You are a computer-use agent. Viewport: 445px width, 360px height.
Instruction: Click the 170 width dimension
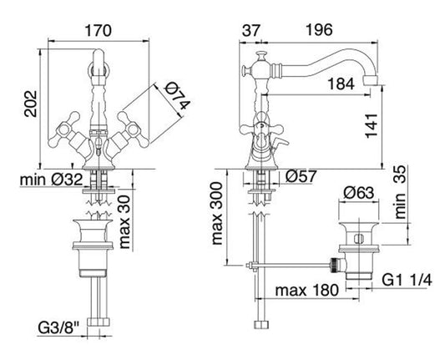(99, 30)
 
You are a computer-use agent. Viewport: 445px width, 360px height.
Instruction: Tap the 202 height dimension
(31, 104)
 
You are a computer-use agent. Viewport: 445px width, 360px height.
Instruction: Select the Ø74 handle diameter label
(177, 96)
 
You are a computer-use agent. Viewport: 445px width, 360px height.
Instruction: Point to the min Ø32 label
(52, 180)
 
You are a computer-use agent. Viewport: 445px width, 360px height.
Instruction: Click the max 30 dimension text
(124, 222)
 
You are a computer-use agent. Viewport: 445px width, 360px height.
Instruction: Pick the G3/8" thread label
(58, 329)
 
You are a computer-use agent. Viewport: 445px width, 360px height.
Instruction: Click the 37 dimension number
(250, 30)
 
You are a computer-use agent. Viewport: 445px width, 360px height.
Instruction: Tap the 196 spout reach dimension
(319, 30)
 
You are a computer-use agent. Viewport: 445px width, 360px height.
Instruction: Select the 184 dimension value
(341, 84)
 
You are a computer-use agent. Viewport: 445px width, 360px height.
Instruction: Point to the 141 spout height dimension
(372, 126)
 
